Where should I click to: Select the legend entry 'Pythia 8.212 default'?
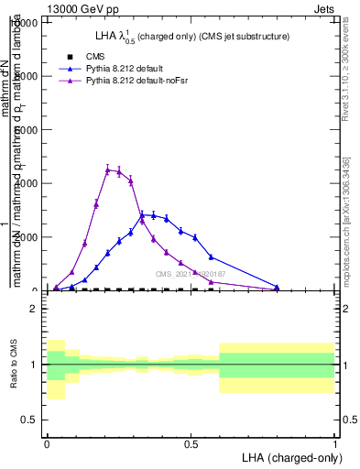pos(134,68)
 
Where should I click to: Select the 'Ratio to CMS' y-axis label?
pos(14,365)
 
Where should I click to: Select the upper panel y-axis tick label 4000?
pos(23,183)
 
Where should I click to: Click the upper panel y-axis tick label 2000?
pos(23,237)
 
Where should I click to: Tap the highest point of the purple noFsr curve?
pos(108,169)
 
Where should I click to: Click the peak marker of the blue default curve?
pos(142,215)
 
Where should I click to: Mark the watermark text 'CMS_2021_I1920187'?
pos(191,274)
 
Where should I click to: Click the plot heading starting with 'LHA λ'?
pos(192,37)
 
